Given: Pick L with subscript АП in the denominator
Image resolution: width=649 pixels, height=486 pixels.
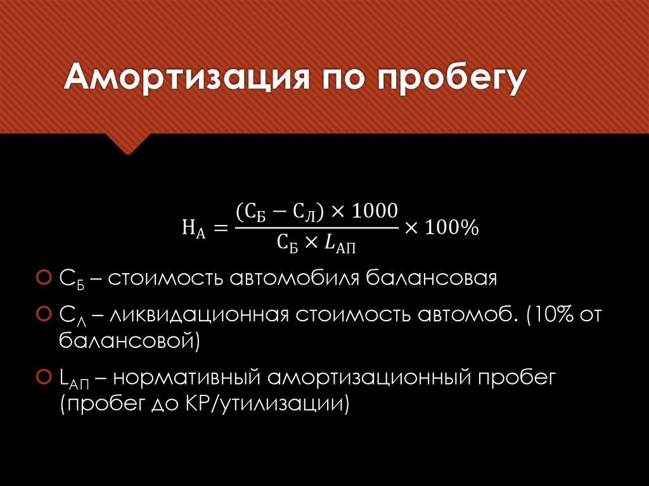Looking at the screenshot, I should tap(342, 244).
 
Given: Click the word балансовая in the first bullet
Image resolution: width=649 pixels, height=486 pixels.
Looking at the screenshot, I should tap(437, 278).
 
